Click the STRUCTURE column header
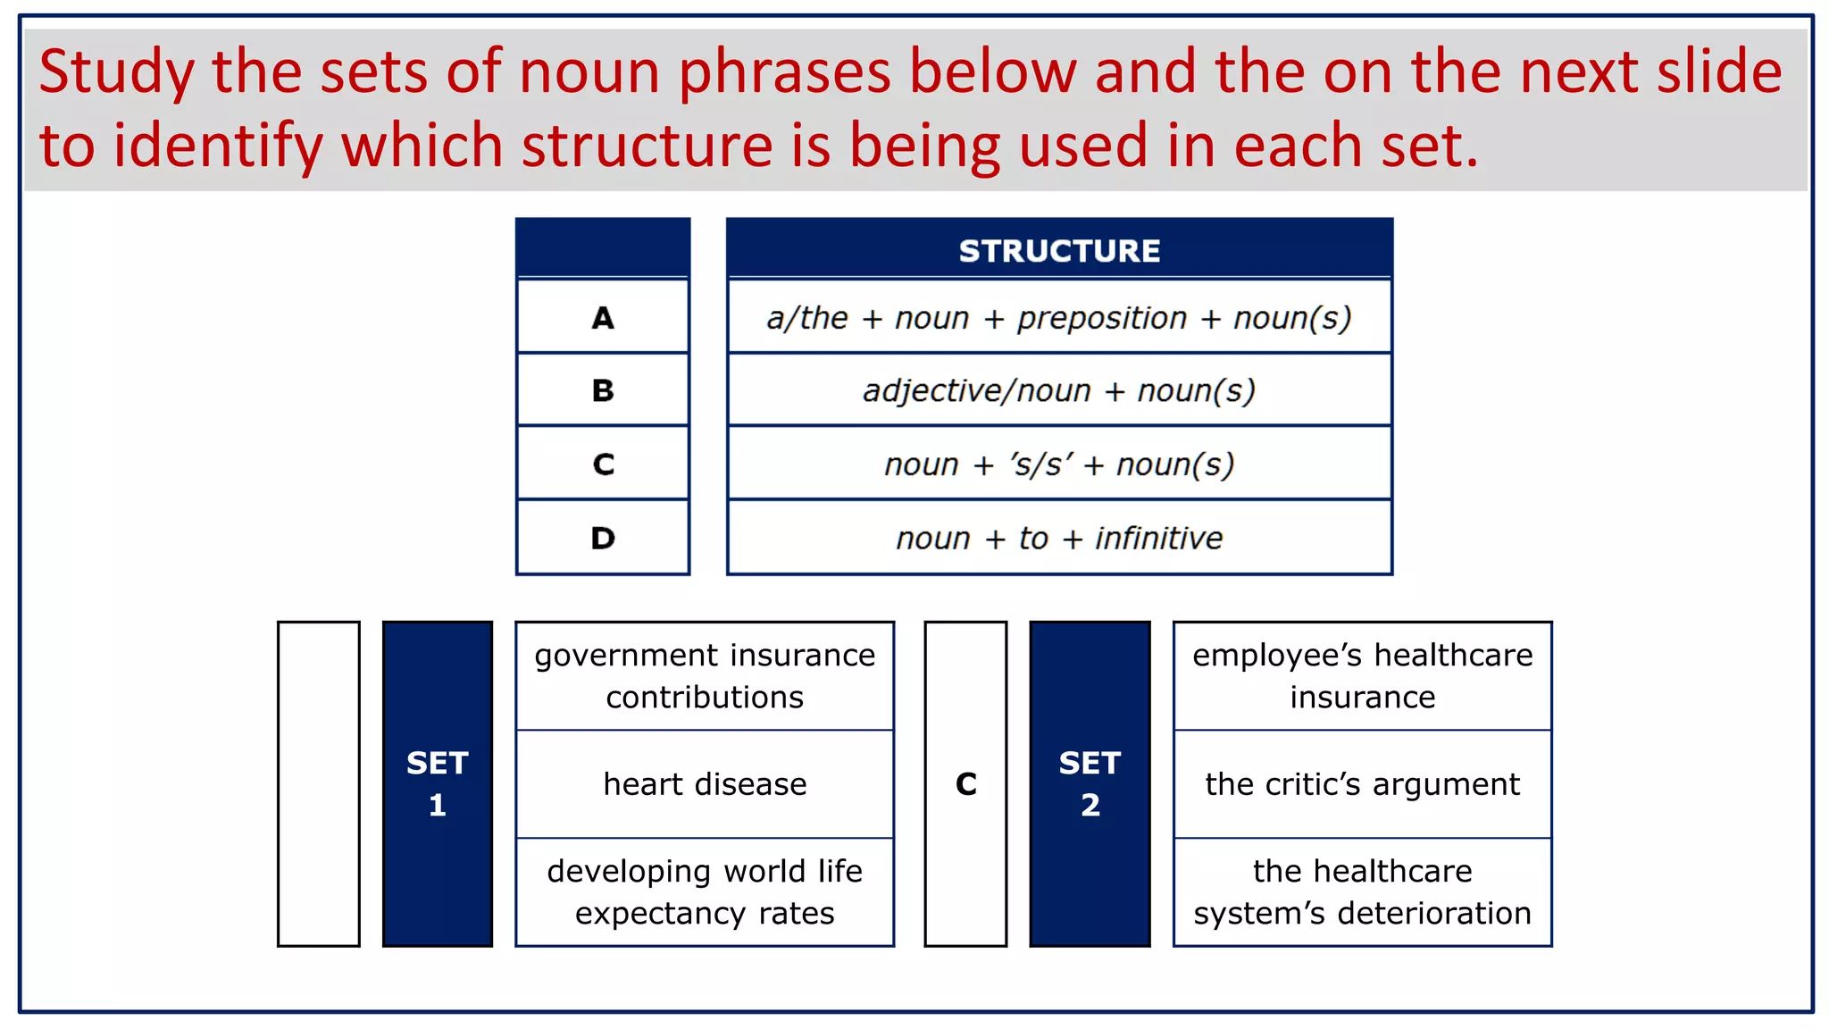(1059, 251)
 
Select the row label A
(603, 318)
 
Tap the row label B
(603, 390)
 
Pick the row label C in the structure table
(603, 464)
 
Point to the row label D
(603, 538)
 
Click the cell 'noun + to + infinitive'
(1059, 538)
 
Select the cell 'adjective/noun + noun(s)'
(1059, 390)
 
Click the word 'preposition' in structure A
(1102, 318)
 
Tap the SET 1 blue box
(437, 783)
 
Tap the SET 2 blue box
(1090, 783)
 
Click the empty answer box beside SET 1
(319, 783)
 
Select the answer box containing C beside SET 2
(965, 783)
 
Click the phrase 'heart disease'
(705, 783)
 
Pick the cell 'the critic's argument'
(1362, 783)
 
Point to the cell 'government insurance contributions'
(705, 676)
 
